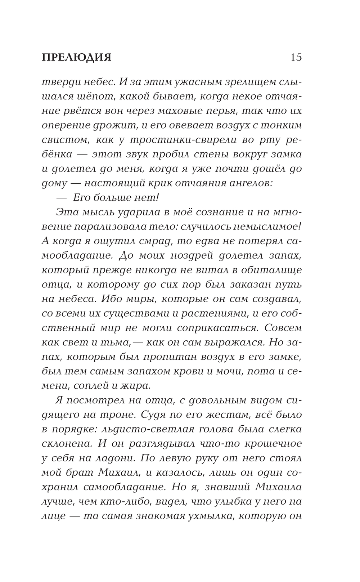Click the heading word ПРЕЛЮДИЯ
(x=77, y=58)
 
